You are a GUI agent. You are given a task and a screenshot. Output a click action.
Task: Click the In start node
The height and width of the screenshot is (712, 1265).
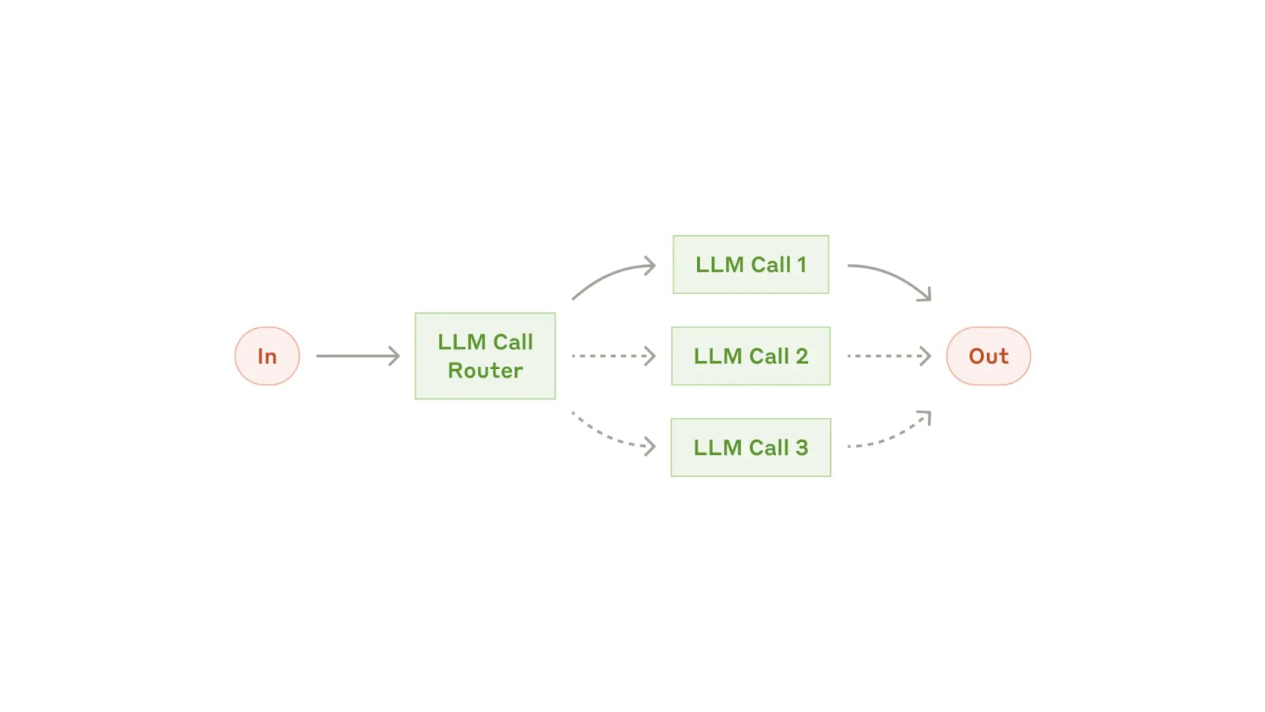click(x=267, y=356)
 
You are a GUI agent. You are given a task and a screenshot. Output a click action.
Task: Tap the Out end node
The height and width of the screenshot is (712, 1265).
click(x=988, y=356)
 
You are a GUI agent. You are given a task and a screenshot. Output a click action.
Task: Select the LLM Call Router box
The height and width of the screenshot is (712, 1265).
click(x=485, y=356)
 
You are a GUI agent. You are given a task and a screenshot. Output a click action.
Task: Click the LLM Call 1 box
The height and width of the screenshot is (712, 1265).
click(x=750, y=264)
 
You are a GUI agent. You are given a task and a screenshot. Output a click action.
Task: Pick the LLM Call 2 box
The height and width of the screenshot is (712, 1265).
click(x=750, y=356)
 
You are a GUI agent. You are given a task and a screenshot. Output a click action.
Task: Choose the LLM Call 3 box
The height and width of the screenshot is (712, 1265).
click(x=750, y=448)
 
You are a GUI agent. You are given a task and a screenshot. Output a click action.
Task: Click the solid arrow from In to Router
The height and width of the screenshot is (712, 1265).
click(x=358, y=356)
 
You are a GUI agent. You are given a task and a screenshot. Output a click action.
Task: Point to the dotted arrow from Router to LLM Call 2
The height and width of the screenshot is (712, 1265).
click(x=613, y=356)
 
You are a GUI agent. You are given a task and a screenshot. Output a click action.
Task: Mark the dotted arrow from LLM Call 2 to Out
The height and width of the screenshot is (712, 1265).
click(x=889, y=356)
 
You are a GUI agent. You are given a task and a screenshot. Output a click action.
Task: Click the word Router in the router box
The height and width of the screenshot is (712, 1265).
click(x=486, y=371)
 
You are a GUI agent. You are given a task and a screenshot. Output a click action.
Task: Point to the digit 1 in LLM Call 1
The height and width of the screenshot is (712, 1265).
click(x=802, y=265)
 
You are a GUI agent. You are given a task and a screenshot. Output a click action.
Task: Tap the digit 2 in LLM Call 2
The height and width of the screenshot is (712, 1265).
click(x=802, y=356)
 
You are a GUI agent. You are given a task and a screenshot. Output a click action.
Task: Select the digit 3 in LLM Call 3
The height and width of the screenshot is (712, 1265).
click(x=802, y=448)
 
